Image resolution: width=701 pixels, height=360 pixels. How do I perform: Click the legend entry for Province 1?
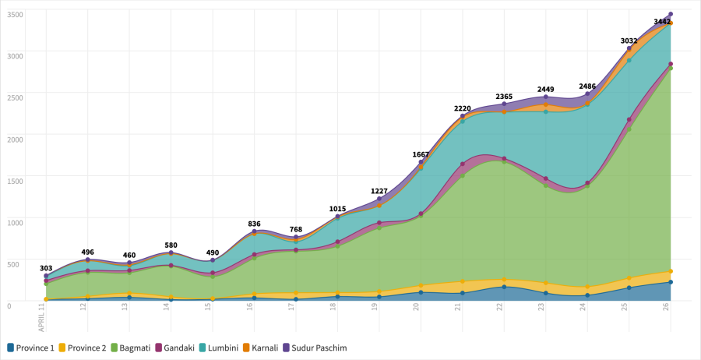31,348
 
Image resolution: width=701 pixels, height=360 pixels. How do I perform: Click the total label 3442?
662,22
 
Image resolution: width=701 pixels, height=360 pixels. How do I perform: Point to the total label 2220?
463,108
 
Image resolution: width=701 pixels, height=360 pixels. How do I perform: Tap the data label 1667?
421,154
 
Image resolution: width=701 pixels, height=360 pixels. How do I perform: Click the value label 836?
254,224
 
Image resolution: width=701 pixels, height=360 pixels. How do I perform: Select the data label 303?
46,268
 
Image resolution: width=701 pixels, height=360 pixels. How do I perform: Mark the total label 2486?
588,86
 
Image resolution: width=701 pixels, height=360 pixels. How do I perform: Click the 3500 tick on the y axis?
14,14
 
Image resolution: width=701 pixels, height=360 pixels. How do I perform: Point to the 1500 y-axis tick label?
14,180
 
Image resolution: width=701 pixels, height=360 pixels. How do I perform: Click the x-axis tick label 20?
417,308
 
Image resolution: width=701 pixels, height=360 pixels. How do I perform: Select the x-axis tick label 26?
668,308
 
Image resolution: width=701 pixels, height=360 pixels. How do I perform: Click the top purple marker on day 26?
670,14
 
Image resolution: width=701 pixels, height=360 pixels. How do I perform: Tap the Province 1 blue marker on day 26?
670,282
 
